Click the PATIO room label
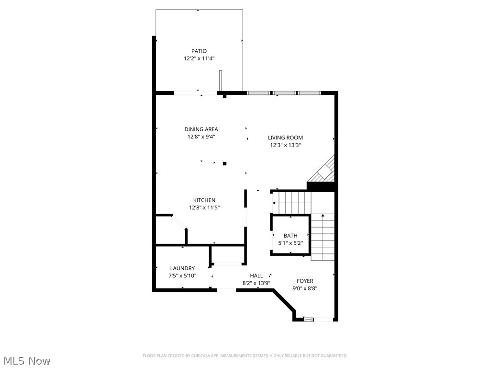coord(199,51)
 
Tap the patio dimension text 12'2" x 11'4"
coord(199,59)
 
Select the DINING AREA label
coord(201,129)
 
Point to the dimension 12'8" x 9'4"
coord(201,137)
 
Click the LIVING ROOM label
coord(285,138)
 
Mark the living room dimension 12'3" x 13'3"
coord(285,145)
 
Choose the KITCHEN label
coord(204,200)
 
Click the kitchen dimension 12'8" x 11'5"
coord(204,207)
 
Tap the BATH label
coord(290,236)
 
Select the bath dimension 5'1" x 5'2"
coord(290,243)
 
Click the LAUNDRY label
coord(182,268)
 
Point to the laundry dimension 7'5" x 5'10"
coord(182,276)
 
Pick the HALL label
coord(256,276)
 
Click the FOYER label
coord(305,281)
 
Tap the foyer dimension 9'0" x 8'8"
coord(305,288)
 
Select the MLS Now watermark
coord(27,360)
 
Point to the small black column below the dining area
coord(224,163)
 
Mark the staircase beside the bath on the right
coord(323,237)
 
